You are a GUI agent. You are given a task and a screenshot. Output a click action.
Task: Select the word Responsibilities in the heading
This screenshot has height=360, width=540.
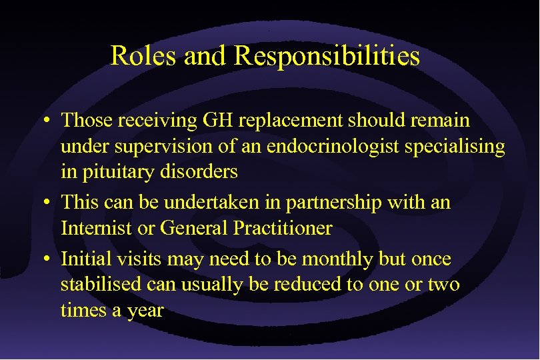327,56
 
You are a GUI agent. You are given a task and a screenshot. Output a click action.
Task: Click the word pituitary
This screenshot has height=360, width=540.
115,171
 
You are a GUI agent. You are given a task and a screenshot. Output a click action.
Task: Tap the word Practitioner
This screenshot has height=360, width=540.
283,228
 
